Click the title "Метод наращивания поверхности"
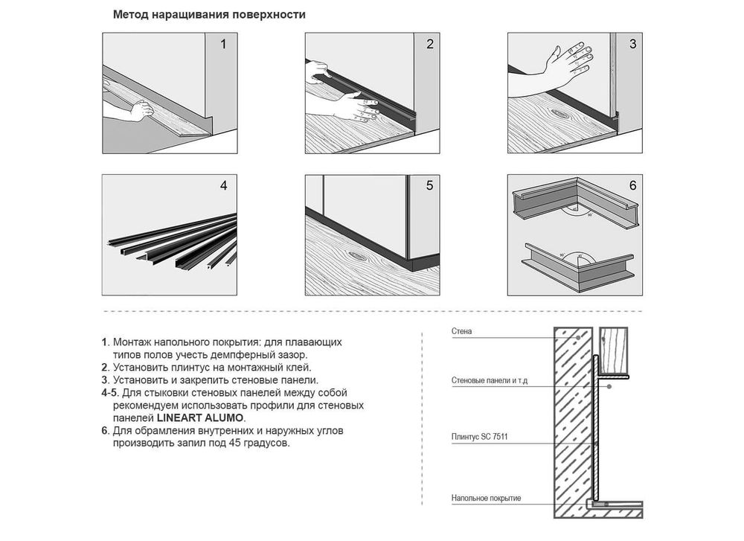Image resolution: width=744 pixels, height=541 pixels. [x=209, y=15]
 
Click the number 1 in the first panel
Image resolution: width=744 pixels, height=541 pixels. [x=223, y=45]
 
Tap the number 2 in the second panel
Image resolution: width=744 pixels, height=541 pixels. [x=430, y=44]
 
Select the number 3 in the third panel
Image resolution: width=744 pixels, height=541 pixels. [x=632, y=44]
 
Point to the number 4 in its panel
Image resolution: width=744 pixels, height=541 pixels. [x=223, y=185]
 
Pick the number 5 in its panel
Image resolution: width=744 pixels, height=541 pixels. [x=429, y=185]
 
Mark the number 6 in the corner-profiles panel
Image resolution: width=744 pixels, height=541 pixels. [x=632, y=185]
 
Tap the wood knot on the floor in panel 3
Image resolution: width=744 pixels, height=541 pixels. [x=560, y=114]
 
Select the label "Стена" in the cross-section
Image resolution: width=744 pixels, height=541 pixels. [x=462, y=331]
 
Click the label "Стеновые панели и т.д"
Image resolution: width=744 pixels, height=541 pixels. [x=490, y=380]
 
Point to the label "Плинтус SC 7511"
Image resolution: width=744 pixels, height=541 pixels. [x=479, y=437]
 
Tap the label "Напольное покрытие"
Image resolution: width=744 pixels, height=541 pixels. [x=486, y=499]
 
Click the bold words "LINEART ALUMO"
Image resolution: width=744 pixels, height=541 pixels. [x=200, y=418]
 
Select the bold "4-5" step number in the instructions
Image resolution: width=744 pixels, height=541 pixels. [x=111, y=393]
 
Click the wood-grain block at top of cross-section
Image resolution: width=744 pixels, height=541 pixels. [x=614, y=350]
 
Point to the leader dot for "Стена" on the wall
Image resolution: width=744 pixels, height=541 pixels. [x=578, y=337]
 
